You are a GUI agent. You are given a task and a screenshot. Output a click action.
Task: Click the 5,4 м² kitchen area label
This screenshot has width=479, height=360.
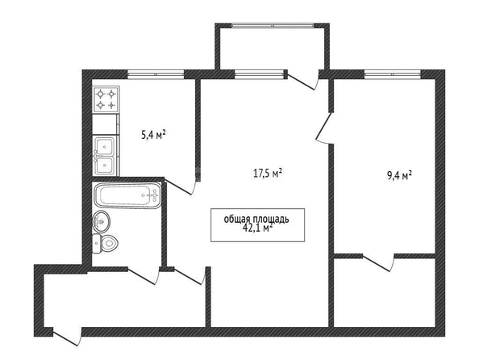tap(154, 134)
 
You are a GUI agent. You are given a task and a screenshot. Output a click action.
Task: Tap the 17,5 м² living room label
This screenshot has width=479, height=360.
tap(268, 174)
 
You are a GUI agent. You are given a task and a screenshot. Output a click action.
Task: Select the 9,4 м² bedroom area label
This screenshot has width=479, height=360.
tap(400, 176)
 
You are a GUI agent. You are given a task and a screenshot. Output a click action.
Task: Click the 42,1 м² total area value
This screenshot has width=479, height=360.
tap(256, 228)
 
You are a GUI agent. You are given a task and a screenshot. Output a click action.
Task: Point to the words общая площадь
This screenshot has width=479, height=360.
tap(256, 220)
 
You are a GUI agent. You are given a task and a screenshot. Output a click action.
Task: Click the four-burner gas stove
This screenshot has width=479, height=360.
tap(106, 99)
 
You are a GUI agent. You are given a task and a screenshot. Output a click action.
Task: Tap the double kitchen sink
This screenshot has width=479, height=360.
tap(105, 156)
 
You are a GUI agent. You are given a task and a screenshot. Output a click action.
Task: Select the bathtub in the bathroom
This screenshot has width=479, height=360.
tap(127, 195)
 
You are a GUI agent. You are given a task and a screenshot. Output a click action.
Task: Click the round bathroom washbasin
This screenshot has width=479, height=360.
tap(101, 221)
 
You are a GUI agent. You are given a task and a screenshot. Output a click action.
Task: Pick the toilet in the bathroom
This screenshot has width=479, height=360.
tap(105, 244)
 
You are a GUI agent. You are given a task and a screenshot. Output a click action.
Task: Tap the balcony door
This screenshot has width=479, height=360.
tap(303, 80)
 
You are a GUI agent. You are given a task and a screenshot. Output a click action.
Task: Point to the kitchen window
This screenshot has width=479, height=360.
tap(156, 74)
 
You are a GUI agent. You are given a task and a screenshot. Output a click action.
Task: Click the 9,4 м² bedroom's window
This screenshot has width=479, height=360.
tap(393, 74)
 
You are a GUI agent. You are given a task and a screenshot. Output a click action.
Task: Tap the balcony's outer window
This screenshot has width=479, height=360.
tap(273, 26)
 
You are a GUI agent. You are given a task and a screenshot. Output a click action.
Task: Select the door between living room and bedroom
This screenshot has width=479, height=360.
tap(325, 128)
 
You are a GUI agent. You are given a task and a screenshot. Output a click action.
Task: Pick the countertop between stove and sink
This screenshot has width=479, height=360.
tap(105, 124)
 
